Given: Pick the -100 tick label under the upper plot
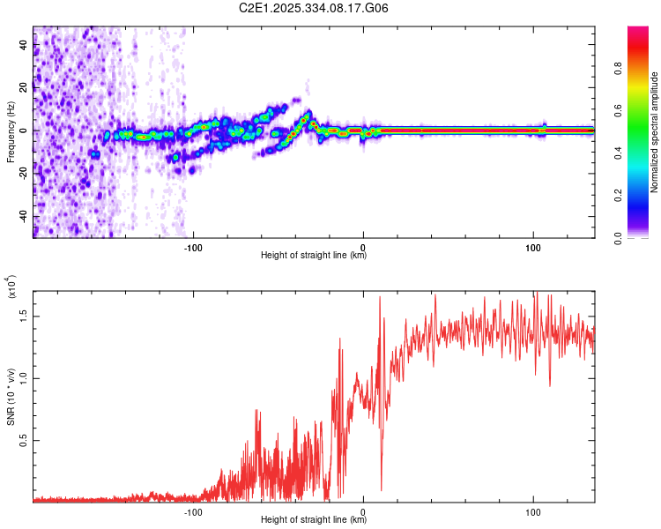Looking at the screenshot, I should [x=194, y=246].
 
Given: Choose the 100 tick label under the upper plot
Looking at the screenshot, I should [x=532, y=246].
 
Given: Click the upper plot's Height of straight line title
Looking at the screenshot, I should [x=314, y=256].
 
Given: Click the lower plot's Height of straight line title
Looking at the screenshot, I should [x=314, y=520].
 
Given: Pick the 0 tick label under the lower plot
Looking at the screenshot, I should [x=363, y=510].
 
